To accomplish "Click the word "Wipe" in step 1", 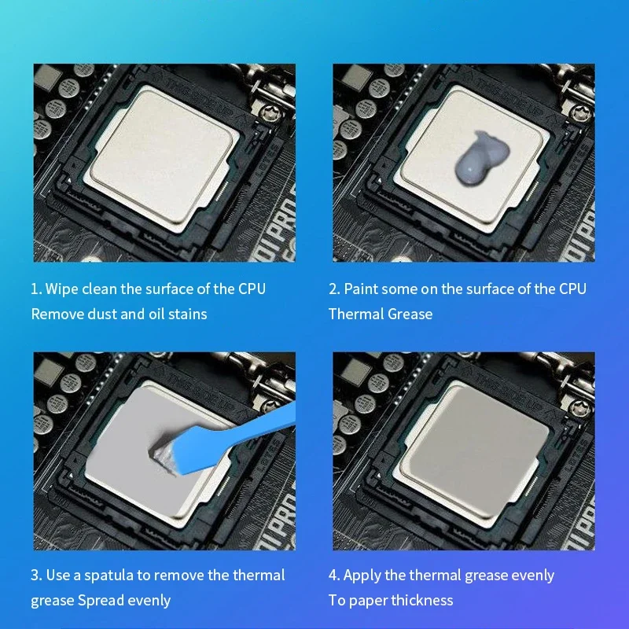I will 62,289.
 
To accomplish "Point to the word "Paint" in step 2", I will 361,289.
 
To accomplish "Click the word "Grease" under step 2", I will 408,314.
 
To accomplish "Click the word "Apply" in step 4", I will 362,575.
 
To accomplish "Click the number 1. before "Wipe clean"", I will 35,289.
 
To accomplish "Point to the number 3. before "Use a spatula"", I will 36,575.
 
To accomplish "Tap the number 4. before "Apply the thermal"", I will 333,575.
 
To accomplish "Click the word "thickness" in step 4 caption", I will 422,600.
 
